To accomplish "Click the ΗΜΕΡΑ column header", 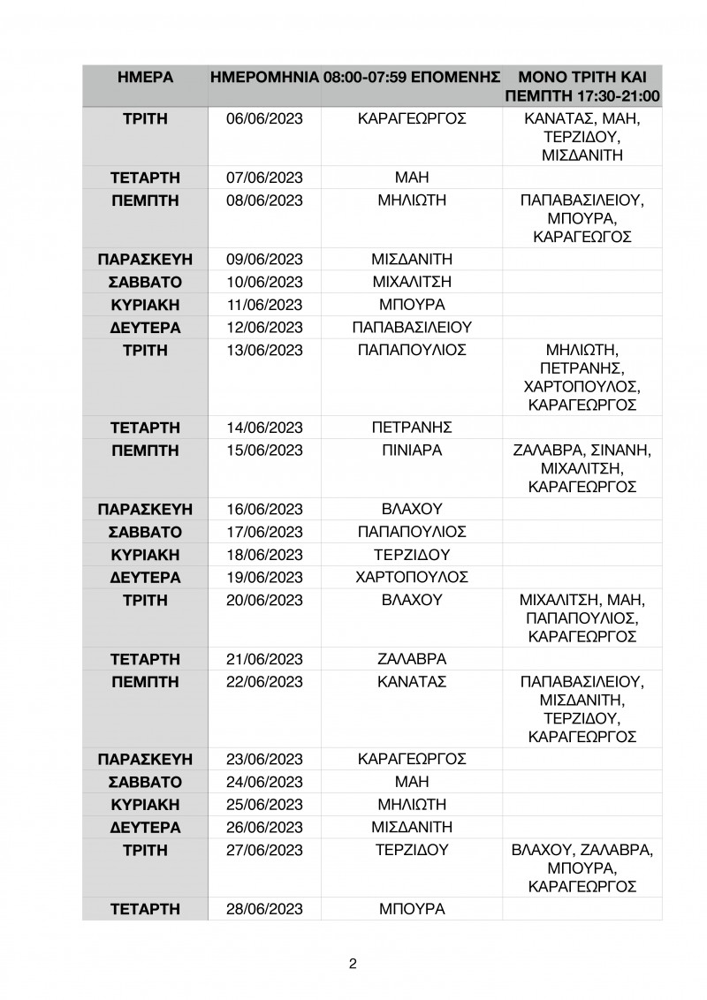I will [145, 78].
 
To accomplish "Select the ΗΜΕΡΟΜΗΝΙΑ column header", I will [264, 78].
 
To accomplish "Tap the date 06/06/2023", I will [264, 119].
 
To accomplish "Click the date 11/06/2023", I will [264, 305].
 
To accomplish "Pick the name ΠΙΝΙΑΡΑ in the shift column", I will [412, 451].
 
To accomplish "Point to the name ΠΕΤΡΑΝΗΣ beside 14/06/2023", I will [412, 428].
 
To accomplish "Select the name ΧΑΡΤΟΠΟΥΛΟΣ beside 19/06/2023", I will [412, 578].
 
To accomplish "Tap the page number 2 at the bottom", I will [353, 964].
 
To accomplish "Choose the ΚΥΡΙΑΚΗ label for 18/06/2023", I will [145, 555].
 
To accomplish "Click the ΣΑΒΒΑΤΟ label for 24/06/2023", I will [145, 782].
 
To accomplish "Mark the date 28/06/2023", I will [264, 909].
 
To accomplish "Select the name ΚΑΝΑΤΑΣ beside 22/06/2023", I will [412, 682].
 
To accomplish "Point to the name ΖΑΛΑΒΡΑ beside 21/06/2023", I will [412, 659].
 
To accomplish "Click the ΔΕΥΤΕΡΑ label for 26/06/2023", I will [145, 828].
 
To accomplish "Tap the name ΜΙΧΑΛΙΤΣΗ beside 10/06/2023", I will [412, 282].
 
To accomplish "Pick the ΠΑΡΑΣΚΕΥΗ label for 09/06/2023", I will [145, 259].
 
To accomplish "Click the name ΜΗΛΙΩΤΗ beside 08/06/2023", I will [412, 201].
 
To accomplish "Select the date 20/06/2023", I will [264, 601].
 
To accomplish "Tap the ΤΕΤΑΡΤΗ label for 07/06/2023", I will [145, 178].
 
